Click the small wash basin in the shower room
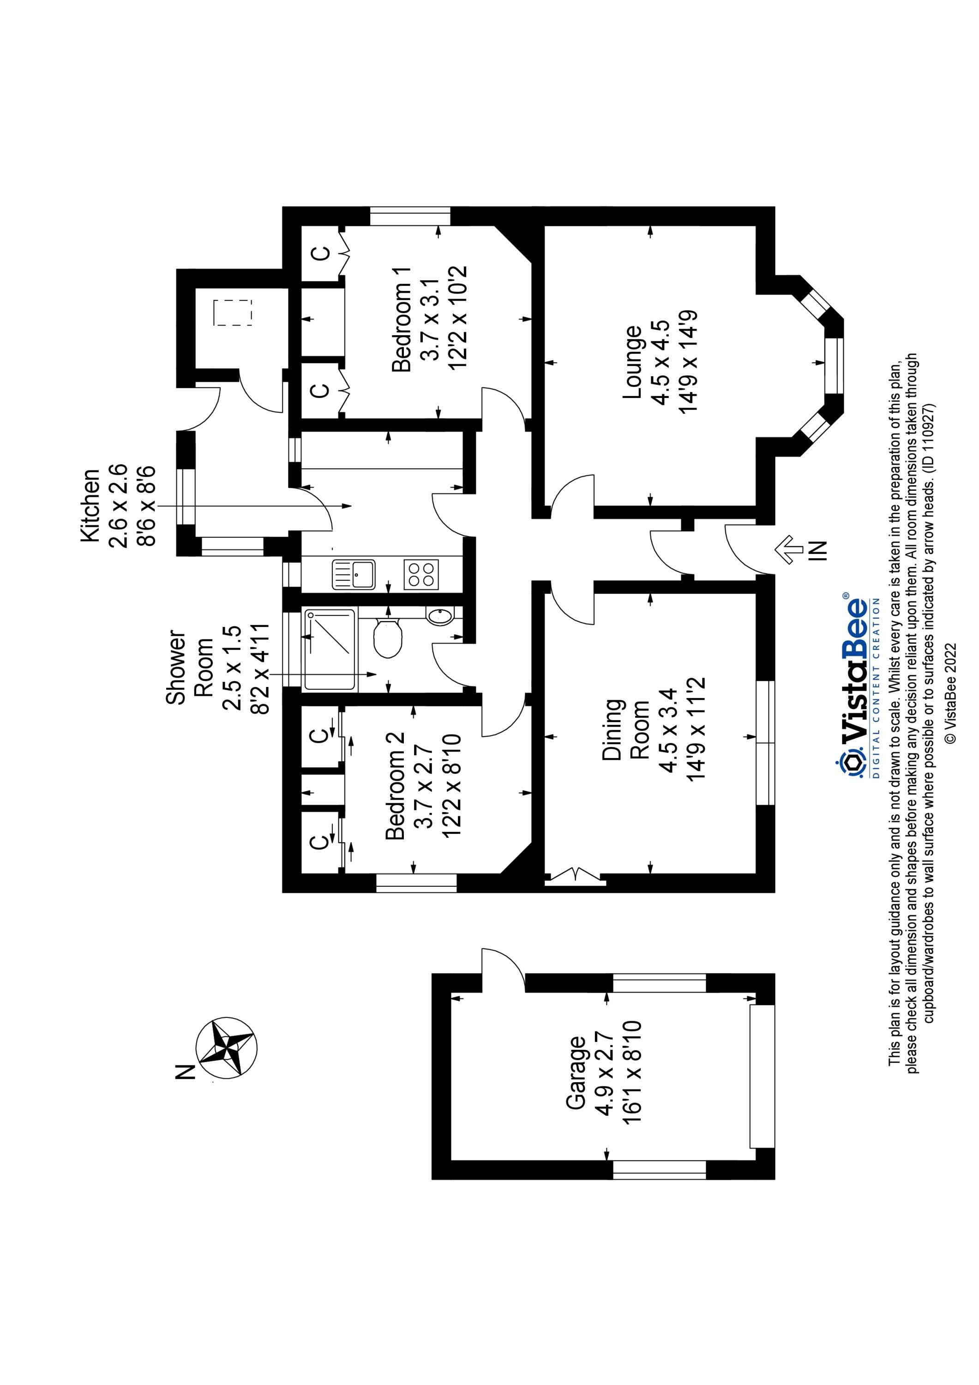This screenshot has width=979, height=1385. [x=438, y=616]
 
